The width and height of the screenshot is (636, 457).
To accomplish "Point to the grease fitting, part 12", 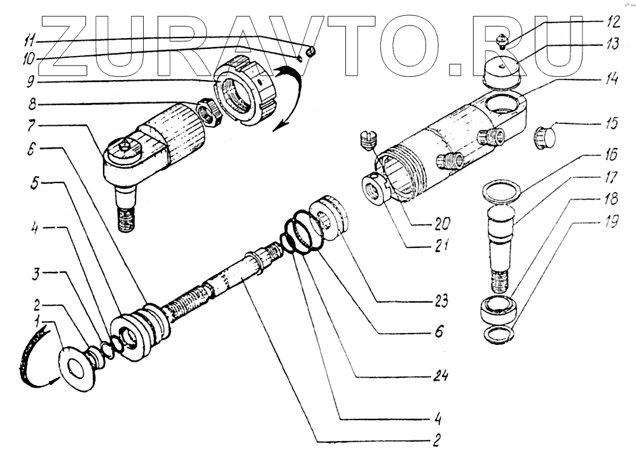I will (x=501, y=43).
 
